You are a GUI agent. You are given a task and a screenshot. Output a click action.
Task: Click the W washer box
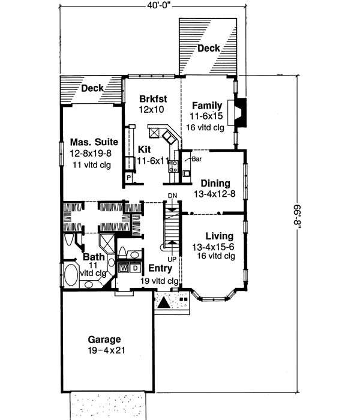click(x=124, y=268)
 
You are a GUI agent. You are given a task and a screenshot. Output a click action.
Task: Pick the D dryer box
click(x=135, y=268)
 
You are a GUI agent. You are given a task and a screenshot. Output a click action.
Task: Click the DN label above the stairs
click(x=172, y=196)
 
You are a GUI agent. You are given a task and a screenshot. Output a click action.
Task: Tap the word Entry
click(x=160, y=269)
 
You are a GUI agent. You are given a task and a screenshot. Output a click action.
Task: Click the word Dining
click(x=214, y=184)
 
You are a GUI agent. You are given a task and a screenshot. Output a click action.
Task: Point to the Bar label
click(x=197, y=160)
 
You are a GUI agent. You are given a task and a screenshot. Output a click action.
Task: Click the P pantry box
click(x=128, y=178)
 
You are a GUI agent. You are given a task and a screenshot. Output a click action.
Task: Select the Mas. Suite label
click(x=93, y=142)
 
